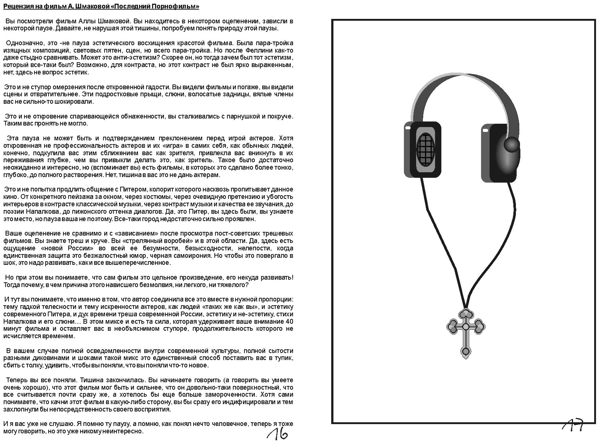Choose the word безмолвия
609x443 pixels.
(171, 285)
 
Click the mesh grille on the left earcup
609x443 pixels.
(425, 151)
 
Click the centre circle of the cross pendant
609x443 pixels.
(465, 327)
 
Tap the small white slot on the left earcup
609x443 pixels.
(408, 128)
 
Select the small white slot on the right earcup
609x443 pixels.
(485, 130)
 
